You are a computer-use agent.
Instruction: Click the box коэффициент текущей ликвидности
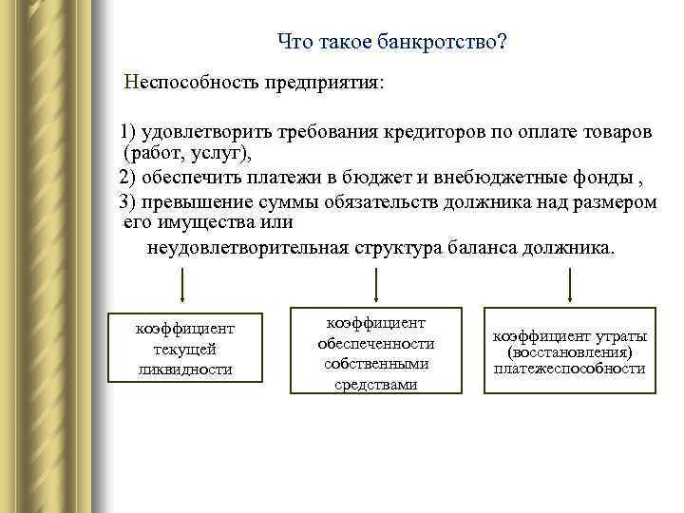184,348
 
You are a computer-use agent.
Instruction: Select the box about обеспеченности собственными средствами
376,351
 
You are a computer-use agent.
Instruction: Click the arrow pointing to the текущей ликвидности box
182,285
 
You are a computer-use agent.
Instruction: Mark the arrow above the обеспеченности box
377,284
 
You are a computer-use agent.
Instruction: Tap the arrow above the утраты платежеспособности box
569,285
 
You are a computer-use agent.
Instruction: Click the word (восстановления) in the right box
569,352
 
